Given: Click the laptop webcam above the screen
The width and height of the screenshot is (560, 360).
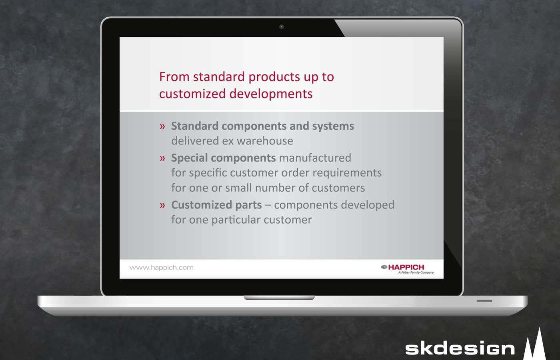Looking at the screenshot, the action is coord(282,27).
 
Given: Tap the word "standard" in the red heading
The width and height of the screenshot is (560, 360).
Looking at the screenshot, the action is coord(219,77).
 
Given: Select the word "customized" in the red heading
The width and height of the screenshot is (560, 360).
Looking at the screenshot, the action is coord(192,94).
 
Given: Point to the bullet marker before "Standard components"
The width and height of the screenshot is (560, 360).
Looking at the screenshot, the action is coord(162,126).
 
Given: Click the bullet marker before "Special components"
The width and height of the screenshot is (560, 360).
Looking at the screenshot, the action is coord(162,158).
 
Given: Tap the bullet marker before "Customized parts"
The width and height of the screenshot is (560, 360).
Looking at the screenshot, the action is coord(162,205).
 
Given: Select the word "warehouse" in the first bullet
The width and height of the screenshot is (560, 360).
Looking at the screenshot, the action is coord(265,141).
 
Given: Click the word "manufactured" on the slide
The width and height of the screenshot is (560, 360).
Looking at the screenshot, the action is coord(315,158).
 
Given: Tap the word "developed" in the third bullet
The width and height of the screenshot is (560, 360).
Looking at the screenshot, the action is coord(368,205).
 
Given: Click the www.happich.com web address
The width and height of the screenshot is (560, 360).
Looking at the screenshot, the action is coord(161,268).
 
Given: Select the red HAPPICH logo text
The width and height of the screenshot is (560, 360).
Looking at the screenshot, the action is coord(406,267).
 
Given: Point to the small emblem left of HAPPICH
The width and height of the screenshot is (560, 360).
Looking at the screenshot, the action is coord(384,267).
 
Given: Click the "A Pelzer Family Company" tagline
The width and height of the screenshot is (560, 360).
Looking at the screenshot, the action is coord(416,272).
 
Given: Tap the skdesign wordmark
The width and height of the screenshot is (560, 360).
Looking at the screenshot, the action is coord(460,348).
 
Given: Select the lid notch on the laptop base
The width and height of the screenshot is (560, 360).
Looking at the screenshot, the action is coord(279,298).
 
